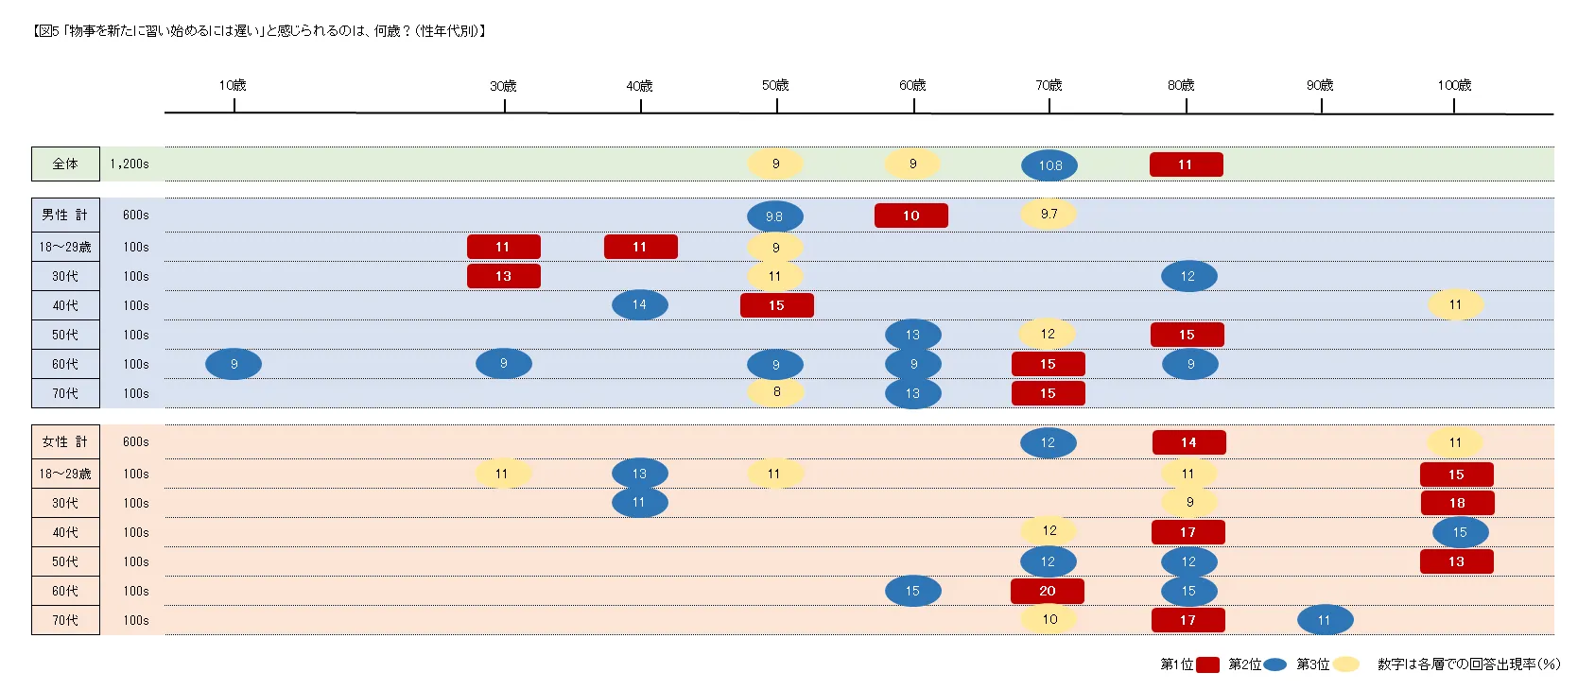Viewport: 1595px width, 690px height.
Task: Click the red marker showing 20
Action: point(1047,591)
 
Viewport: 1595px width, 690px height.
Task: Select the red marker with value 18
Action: point(1457,503)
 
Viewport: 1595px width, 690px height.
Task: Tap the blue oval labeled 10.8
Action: point(1049,165)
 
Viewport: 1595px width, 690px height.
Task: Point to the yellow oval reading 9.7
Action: point(1049,215)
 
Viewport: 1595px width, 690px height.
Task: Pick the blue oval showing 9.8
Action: point(774,216)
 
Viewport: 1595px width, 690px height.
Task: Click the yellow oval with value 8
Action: point(776,391)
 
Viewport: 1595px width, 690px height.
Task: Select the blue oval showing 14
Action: point(639,304)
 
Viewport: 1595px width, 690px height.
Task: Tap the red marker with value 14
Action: point(1188,442)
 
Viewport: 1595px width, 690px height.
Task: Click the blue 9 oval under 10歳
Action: point(234,364)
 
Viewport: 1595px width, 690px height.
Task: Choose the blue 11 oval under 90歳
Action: point(1325,620)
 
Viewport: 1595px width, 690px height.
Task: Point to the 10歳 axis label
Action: point(233,85)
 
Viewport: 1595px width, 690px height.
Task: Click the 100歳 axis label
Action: point(1454,85)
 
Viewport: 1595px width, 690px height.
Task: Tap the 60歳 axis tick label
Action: point(912,85)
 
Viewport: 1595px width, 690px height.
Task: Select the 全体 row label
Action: point(65,164)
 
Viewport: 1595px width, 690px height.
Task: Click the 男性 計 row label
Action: point(65,215)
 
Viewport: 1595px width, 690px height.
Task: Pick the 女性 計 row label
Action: point(65,441)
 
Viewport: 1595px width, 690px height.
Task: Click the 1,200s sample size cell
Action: point(130,164)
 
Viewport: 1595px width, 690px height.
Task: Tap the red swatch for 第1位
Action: point(1207,664)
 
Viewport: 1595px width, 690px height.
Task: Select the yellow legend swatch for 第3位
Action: point(1345,664)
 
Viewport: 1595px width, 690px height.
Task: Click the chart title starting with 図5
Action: point(260,31)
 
